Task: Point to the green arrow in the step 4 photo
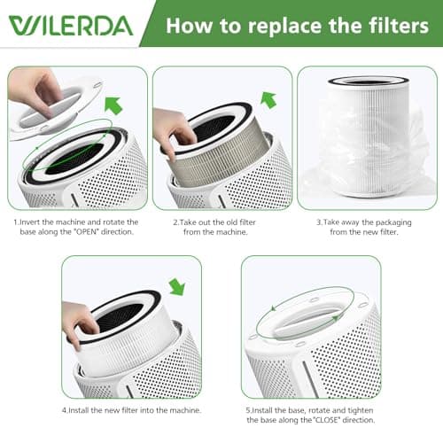pyautogui.click(x=177, y=286)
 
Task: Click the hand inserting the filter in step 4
pyautogui.click(x=80, y=319)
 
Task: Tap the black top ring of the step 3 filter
pyautogui.click(x=368, y=82)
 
